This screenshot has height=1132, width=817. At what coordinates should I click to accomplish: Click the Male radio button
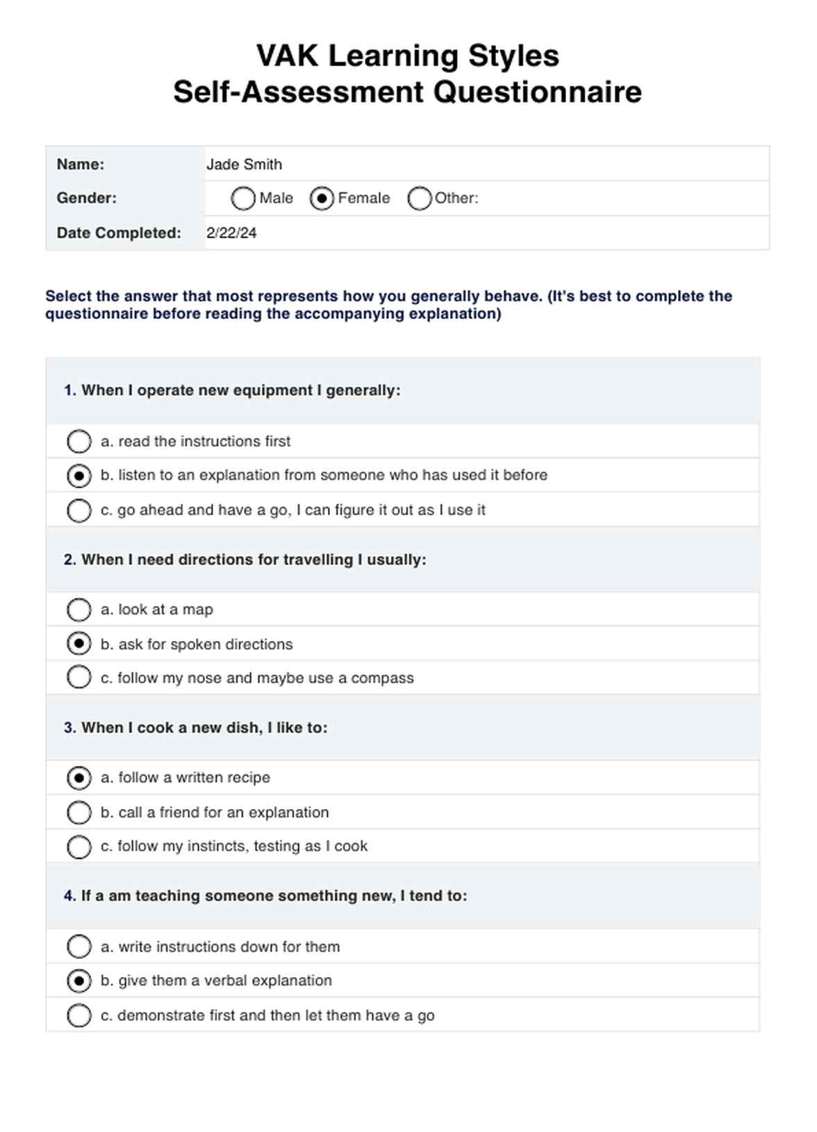click(x=242, y=199)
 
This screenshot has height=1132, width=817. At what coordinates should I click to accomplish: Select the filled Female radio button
click(x=322, y=199)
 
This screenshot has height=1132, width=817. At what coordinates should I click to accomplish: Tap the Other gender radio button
click(x=420, y=199)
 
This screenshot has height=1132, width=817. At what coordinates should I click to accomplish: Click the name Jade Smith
click(x=244, y=165)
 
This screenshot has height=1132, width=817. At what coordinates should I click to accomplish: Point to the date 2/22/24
click(x=231, y=233)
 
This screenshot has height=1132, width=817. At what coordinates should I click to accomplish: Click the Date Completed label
click(x=119, y=233)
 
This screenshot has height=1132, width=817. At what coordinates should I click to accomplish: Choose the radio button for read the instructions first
click(x=79, y=441)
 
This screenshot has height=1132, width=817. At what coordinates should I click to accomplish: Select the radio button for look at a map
click(x=79, y=610)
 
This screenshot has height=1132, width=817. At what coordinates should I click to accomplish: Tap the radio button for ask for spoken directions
click(x=79, y=644)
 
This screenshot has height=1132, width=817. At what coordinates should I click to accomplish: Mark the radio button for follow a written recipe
click(x=79, y=778)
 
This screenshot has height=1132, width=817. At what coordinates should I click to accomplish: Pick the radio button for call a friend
click(x=79, y=812)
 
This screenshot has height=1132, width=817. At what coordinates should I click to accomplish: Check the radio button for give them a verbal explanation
click(x=79, y=981)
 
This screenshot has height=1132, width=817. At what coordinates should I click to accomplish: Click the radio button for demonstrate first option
click(x=79, y=1015)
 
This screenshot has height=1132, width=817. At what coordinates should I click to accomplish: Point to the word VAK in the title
click(x=288, y=56)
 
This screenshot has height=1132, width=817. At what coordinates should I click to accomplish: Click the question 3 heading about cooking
click(x=195, y=728)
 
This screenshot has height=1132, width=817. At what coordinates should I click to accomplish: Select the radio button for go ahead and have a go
click(x=79, y=510)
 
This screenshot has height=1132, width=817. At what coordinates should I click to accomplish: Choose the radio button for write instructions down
click(x=79, y=947)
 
